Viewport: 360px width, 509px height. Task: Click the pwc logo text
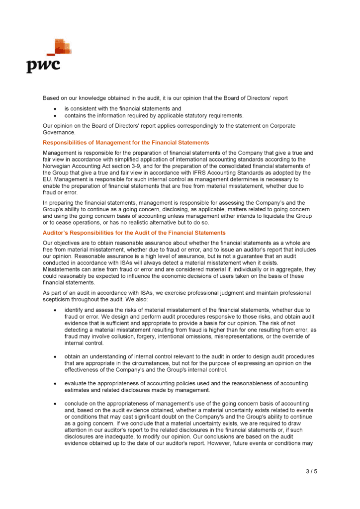click(43, 65)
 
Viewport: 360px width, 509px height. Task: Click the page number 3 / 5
click(311, 471)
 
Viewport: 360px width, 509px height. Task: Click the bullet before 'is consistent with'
click(55, 108)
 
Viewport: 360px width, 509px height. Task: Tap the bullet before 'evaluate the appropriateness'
click(55, 383)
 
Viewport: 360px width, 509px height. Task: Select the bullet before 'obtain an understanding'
click(55, 356)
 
